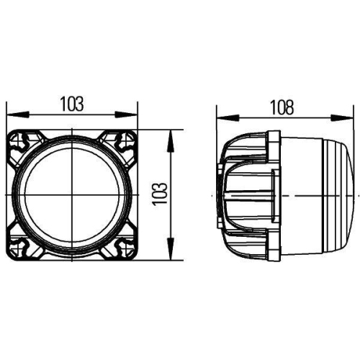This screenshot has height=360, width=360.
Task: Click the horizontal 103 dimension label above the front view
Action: click(x=72, y=104)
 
